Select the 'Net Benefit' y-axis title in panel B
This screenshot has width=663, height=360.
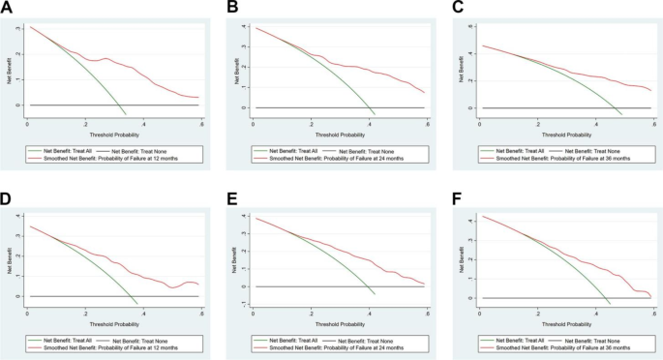(x=233, y=66)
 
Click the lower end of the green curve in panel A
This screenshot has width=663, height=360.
(x=126, y=114)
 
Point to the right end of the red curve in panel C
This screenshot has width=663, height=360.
(x=650, y=91)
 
